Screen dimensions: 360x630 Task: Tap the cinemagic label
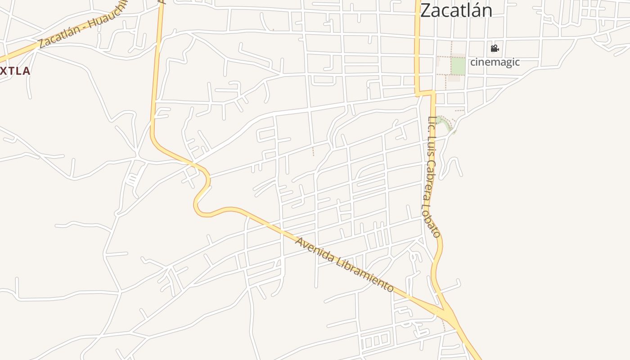point(495,62)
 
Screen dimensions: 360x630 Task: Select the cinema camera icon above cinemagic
point(495,49)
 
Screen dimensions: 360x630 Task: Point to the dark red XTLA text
point(15,71)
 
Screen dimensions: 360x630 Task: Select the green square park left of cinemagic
point(458,67)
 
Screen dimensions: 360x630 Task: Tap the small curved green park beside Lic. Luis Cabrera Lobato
point(443,122)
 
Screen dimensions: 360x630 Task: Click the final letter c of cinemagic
point(517,62)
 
